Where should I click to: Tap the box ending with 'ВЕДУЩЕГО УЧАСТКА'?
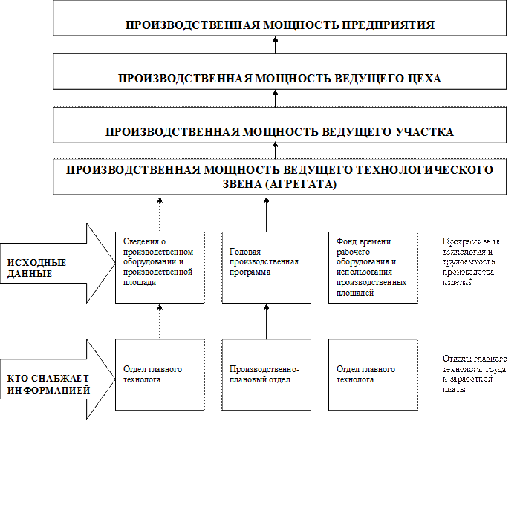pos(279,127)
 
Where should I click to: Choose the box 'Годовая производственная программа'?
pos(266,267)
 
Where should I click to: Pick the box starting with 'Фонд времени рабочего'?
pos(372,267)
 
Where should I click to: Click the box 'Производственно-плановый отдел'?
pos(266,374)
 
